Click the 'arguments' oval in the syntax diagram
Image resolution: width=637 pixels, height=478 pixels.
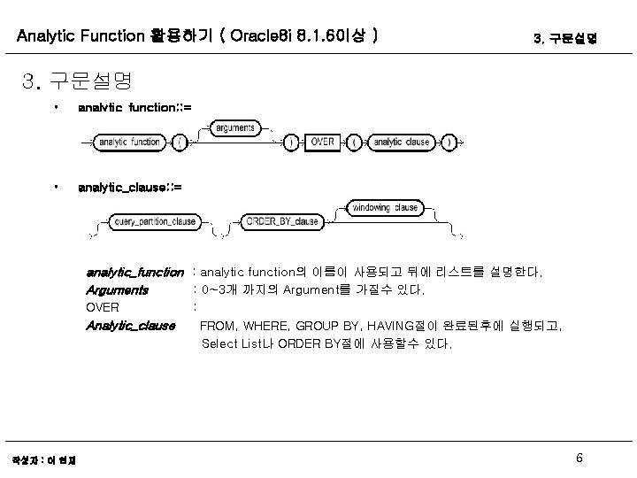[234, 127]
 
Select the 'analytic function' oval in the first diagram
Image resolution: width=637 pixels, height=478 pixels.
[129, 142]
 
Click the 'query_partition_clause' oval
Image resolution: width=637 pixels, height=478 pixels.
[155, 220]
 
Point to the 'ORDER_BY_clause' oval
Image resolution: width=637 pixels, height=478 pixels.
[282, 220]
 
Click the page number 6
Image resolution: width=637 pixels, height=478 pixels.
[579, 458]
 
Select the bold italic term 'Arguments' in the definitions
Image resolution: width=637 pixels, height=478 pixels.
[117, 289]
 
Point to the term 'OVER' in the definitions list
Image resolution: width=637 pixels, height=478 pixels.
[103, 307]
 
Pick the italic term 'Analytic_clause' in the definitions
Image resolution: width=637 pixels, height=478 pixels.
[130, 326]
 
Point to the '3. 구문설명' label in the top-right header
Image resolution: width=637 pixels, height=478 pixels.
[566, 39]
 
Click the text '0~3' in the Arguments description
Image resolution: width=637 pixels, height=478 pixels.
[215, 289]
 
